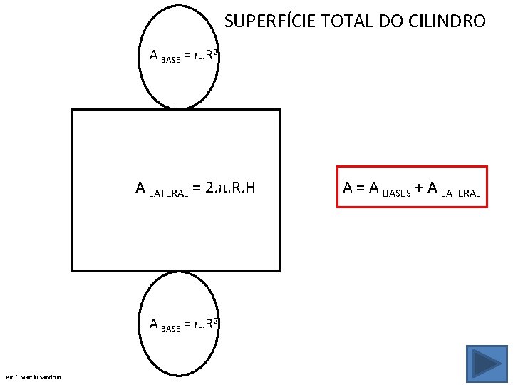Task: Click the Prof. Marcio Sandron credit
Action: [x=33, y=376]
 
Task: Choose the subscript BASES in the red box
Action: [x=398, y=192]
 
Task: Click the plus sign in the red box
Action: [x=420, y=188]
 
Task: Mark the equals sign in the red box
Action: [x=361, y=188]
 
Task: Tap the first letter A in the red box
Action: [x=349, y=188]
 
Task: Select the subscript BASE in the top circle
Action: [x=171, y=60]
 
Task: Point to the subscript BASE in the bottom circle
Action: [x=171, y=329]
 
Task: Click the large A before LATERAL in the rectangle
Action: [x=141, y=188]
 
